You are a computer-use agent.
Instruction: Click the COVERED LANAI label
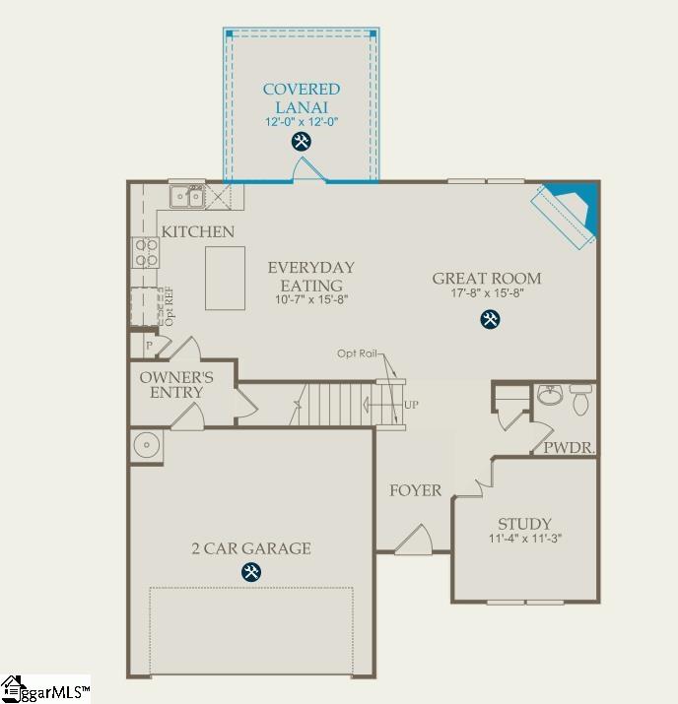click(302, 97)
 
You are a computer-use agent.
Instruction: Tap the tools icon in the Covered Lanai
click(302, 142)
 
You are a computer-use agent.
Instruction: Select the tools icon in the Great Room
click(489, 319)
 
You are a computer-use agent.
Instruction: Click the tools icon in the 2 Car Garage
click(251, 572)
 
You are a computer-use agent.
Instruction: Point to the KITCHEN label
click(198, 232)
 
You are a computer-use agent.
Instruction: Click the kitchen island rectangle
click(225, 279)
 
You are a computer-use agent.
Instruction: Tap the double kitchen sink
click(187, 197)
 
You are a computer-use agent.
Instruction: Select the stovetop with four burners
click(146, 253)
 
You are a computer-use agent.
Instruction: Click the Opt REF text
click(169, 306)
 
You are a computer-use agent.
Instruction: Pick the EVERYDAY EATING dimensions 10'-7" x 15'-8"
click(310, 298)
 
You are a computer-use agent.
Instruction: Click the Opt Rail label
click(358, 353)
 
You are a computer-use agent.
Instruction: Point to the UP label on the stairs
click(411, 405)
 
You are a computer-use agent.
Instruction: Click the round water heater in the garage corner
click(147, 445)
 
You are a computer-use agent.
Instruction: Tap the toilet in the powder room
click(579, 399)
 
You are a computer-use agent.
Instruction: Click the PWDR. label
click(569, 448)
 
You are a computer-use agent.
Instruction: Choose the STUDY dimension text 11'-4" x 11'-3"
click(524, 540)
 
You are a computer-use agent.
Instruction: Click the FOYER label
click(415, 490)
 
